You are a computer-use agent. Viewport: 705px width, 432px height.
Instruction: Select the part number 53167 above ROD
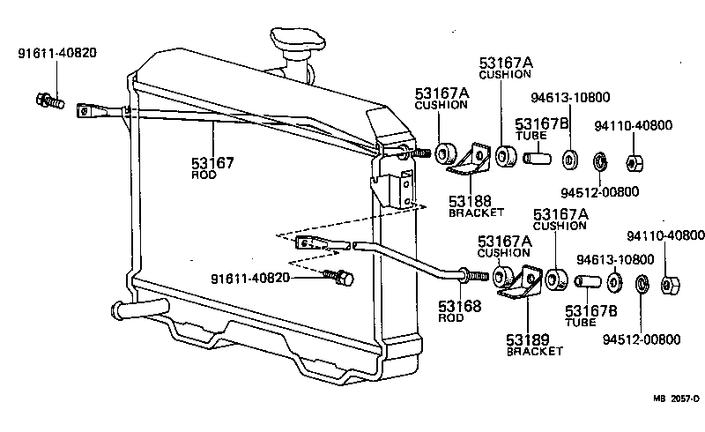pos(212,163)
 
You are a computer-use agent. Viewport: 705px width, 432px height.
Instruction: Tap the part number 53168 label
pos(459,307)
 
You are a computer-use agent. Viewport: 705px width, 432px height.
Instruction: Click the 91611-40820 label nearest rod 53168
pos(250,279)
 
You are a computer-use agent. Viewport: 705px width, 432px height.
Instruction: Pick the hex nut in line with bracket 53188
pos(633,163)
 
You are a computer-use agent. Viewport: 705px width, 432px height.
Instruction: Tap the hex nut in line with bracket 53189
pos(669,285)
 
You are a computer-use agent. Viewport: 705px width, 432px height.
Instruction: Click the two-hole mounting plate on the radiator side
pos(405,190)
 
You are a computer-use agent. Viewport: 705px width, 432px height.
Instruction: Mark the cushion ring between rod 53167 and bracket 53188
pos(446,152)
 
